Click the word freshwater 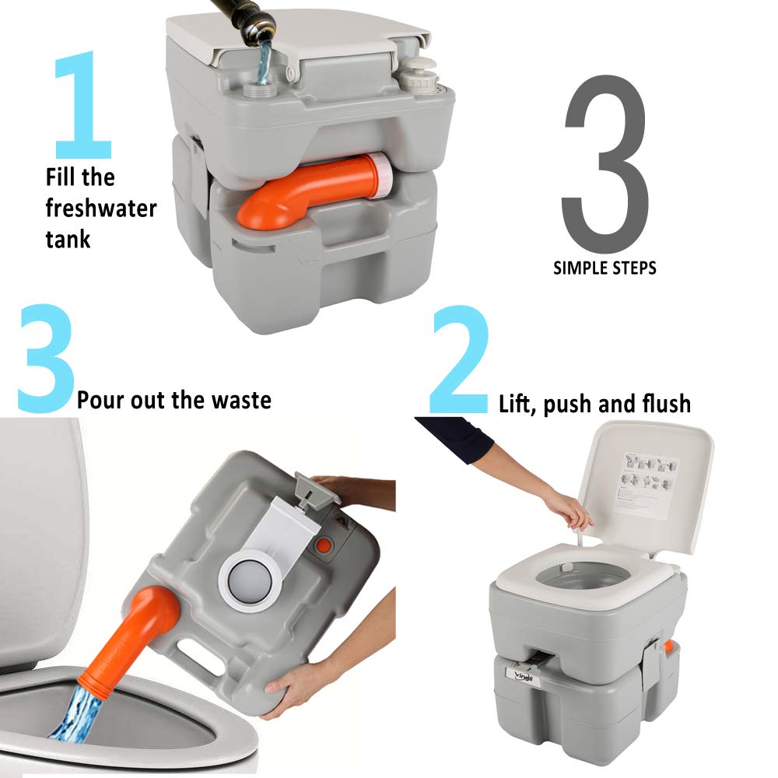[100, 208]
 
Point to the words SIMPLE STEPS [605, 268]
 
